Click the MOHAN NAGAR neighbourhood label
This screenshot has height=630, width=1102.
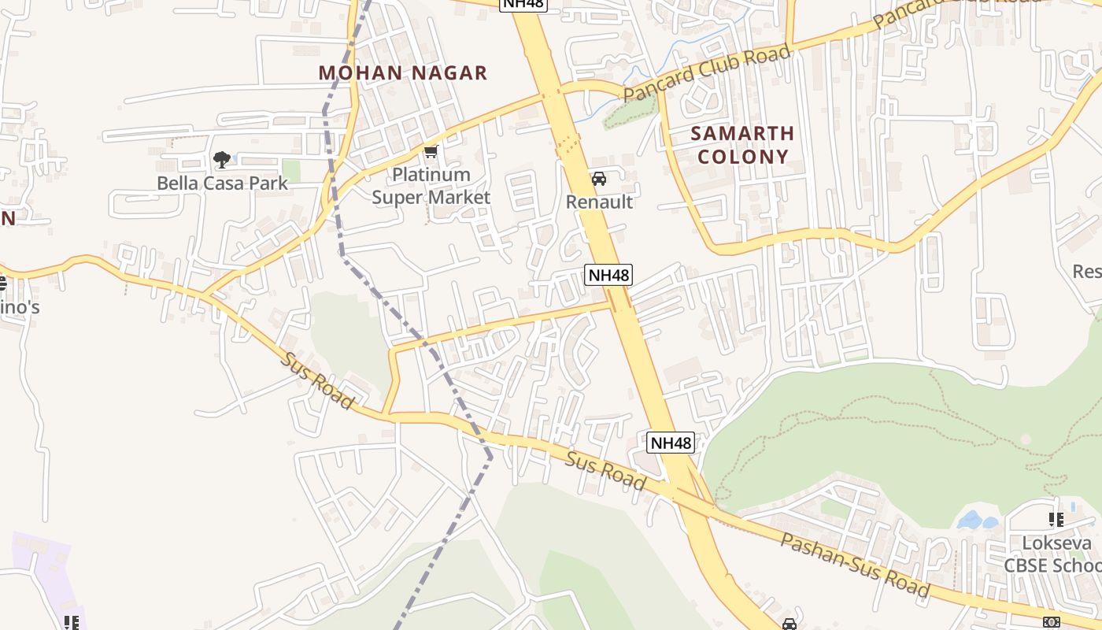coord(403,73)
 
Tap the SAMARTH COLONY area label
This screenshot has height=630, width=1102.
coord(742,145)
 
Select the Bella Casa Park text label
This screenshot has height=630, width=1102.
coord(222,183)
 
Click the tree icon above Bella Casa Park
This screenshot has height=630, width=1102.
coord(222,161)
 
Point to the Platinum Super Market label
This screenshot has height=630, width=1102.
coord(431,186)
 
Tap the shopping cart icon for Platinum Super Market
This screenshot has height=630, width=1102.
coord(430,151)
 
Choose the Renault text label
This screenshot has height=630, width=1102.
coord(599,202)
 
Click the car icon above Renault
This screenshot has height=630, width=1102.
coord(599,179)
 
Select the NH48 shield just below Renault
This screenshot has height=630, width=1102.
coord(608,275)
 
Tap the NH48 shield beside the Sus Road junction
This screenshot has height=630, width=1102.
coord(671,443)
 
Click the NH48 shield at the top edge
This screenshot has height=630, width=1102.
coord(523,4)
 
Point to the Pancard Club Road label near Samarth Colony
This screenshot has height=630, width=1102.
coord(707,73)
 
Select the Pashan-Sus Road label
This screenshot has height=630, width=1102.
coord(855,565)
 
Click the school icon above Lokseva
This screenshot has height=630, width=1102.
coord(1056,520)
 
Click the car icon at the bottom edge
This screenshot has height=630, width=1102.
coord(790,624)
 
